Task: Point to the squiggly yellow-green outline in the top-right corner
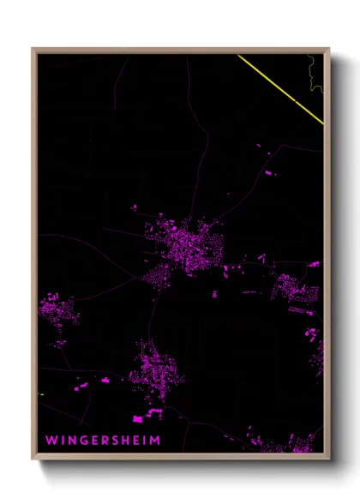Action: pos(316,73)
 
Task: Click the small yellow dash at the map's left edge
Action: pos(40,394)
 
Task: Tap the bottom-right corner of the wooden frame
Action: pos(328,458)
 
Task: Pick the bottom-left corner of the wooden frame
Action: pos(33,458)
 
